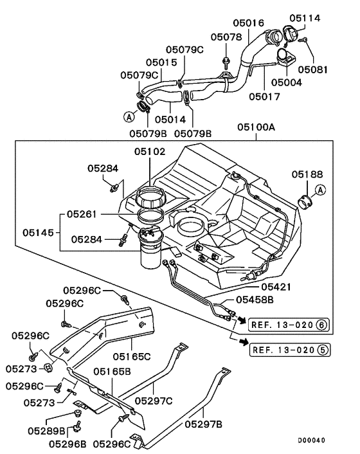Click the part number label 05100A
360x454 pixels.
[257, 127]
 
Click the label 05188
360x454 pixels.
[308, 174]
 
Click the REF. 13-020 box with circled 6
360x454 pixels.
[289, 325]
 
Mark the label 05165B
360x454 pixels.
[113, 372]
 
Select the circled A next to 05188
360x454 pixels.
[321, 190]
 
